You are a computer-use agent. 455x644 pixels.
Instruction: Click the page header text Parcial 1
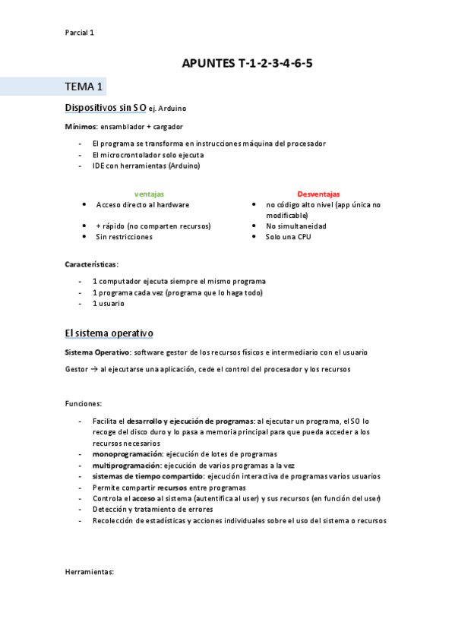click(79, 33)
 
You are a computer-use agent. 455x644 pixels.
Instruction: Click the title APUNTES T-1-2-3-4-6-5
click(247, 64)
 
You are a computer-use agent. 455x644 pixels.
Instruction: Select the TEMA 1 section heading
click(84, 86)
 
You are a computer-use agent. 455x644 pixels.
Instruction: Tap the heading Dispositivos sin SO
click(106, 108)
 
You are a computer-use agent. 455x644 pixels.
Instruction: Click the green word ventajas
click(149, 194)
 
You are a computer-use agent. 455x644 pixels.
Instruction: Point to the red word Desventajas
click(318, 194)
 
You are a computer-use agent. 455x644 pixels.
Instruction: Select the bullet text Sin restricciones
click(124, 237)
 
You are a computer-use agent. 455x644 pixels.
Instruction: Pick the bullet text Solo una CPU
click(288, 237)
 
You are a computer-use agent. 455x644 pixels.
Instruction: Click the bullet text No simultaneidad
click(295, 226)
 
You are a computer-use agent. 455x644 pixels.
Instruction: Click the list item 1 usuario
click(108, 304)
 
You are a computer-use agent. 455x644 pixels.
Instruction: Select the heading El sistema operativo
click(109, 333)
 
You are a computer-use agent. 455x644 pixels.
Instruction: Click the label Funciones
click(84, 404)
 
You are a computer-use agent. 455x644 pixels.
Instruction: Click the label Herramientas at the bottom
click(90, 571)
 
